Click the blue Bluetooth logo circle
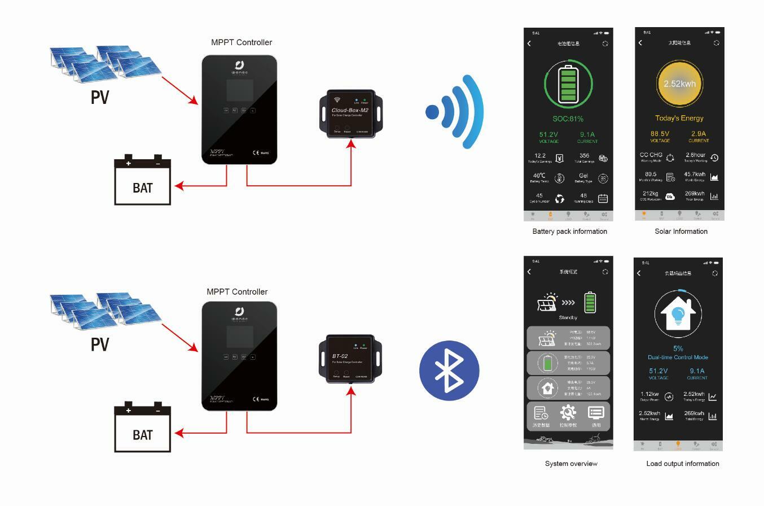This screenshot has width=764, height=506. tap(449, 370)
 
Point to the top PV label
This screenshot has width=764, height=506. tap(100, 97)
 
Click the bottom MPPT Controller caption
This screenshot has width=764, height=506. tap(237, 292)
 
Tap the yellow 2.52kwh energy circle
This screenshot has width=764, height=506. tap(679, 84)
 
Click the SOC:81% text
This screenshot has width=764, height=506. tap(568, 119)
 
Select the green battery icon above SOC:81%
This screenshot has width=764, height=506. tap(568, 85)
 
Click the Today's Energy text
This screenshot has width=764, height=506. tap(679, 118)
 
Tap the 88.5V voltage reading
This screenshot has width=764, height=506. tap(660, 134)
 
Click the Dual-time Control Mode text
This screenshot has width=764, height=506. tap(678, 357)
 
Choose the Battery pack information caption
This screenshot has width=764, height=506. tap(569, 232)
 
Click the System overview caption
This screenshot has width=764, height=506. tap(571, 464)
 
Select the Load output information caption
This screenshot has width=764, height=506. tap(682, 464)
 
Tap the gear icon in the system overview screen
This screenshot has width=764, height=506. tap(568, 412)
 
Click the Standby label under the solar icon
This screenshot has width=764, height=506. tap(568, 317)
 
